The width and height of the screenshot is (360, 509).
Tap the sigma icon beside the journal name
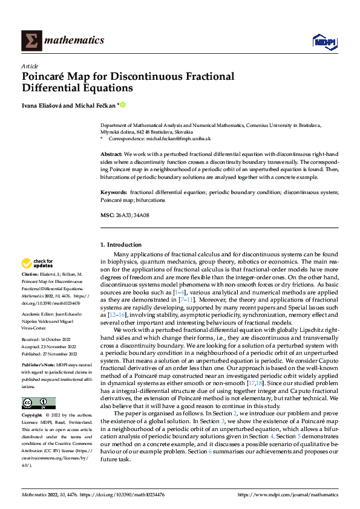(x=31, y=41)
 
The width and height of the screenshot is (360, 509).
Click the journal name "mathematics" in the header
(x=76, y=41)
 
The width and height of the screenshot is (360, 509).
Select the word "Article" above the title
(x=30, y=66)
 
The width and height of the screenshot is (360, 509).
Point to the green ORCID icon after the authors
(x=123, y=105)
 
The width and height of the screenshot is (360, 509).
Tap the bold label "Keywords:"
(x=114, y=192)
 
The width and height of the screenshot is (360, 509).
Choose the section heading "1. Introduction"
(x=120, y=245)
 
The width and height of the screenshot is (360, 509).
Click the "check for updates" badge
(x=38, y=264)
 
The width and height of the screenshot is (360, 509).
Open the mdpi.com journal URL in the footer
(x=288, y=494)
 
